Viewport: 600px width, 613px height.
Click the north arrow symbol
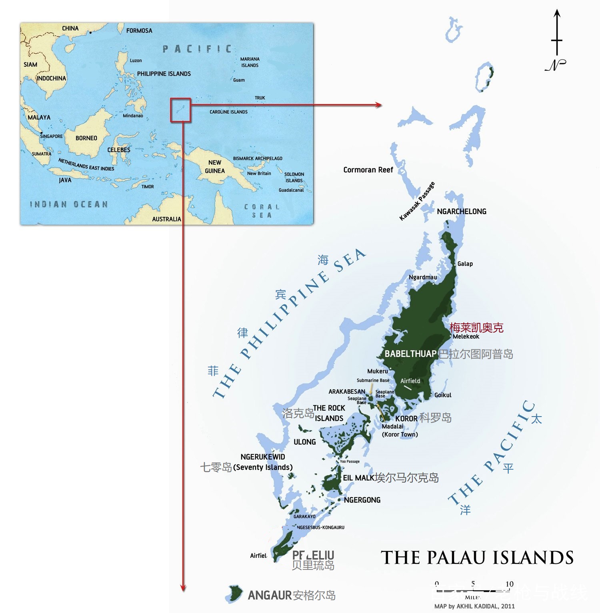point(556,40)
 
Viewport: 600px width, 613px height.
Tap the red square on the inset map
point(180,110)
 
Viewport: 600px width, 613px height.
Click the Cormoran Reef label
point(368,170)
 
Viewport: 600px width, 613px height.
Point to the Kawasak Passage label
point(417,201)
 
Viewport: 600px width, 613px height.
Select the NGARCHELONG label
point(462,211)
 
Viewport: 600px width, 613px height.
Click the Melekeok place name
point(466,337)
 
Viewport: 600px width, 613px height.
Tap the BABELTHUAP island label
point(410,354)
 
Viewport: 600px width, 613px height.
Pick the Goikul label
point(443,395)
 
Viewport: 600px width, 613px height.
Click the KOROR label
point(406,419)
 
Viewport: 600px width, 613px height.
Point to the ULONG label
point(305,442)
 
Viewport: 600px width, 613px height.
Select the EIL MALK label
point(358,478)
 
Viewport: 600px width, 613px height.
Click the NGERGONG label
point(362,500)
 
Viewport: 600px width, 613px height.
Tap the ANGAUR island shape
point(235,593)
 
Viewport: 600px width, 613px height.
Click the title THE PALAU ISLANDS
point(477,557)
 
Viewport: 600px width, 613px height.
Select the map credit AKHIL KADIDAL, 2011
point(474,606)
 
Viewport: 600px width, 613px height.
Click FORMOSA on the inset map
point(139,30)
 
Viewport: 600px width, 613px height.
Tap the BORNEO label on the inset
point(86,138)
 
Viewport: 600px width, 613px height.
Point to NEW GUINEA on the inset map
point(215,166)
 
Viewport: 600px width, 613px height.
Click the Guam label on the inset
point(239,80)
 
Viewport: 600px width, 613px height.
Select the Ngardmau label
point(423,277)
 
